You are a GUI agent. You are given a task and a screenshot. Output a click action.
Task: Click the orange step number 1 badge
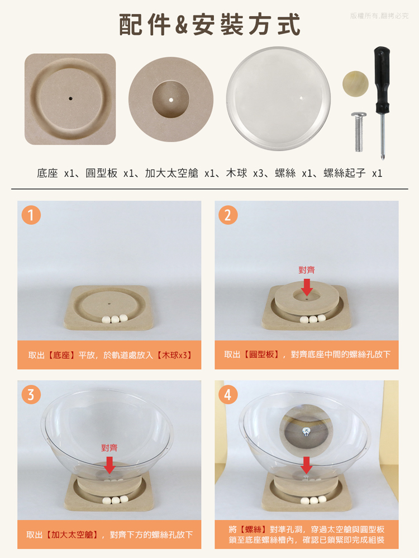tap(31, 215)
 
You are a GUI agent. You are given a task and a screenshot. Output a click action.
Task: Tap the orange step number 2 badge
tap(228, 215)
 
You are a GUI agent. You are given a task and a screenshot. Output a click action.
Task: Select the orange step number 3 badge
tap(31, 395)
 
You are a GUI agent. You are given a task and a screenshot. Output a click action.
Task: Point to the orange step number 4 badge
tap(228, 395)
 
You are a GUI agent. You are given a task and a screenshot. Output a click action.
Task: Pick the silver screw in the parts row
tap(359, 131)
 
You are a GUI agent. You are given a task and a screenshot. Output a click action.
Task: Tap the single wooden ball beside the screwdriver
tap(355, 84)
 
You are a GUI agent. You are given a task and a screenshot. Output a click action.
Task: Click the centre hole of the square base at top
tap(70, 98)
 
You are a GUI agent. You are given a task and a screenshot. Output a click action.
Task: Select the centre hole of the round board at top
tap(171, 100)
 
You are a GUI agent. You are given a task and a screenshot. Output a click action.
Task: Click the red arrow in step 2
tap(307, 287)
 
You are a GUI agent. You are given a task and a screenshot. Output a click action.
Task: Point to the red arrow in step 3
tap(109, 465)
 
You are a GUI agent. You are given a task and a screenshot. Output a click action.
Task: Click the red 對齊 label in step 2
tap(307, 269)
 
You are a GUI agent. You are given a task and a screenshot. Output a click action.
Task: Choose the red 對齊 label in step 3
tap(109, 448)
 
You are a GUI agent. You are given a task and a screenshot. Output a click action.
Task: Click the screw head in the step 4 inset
tap(306, 431)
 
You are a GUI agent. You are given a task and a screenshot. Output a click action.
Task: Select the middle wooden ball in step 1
tap(115, 319)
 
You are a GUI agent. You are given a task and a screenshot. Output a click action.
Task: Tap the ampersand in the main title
tap(182, 25)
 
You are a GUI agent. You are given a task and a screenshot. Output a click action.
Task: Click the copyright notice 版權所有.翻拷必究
tap(379, 16)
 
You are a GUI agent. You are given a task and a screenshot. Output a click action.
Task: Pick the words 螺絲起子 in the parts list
tap(344, 173)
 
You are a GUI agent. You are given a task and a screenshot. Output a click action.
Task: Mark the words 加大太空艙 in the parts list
tap(172, 173)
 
